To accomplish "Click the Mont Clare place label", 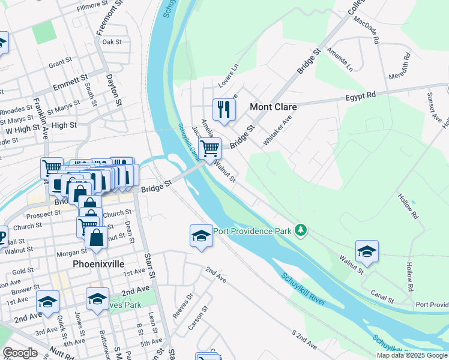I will click(273, 107).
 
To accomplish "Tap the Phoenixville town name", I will click(98, 263).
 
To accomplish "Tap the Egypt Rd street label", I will click(360, 95).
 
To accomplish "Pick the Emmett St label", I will click(70, 82).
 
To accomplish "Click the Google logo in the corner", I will click(20, 353).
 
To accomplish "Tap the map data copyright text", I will click(412, 355).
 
